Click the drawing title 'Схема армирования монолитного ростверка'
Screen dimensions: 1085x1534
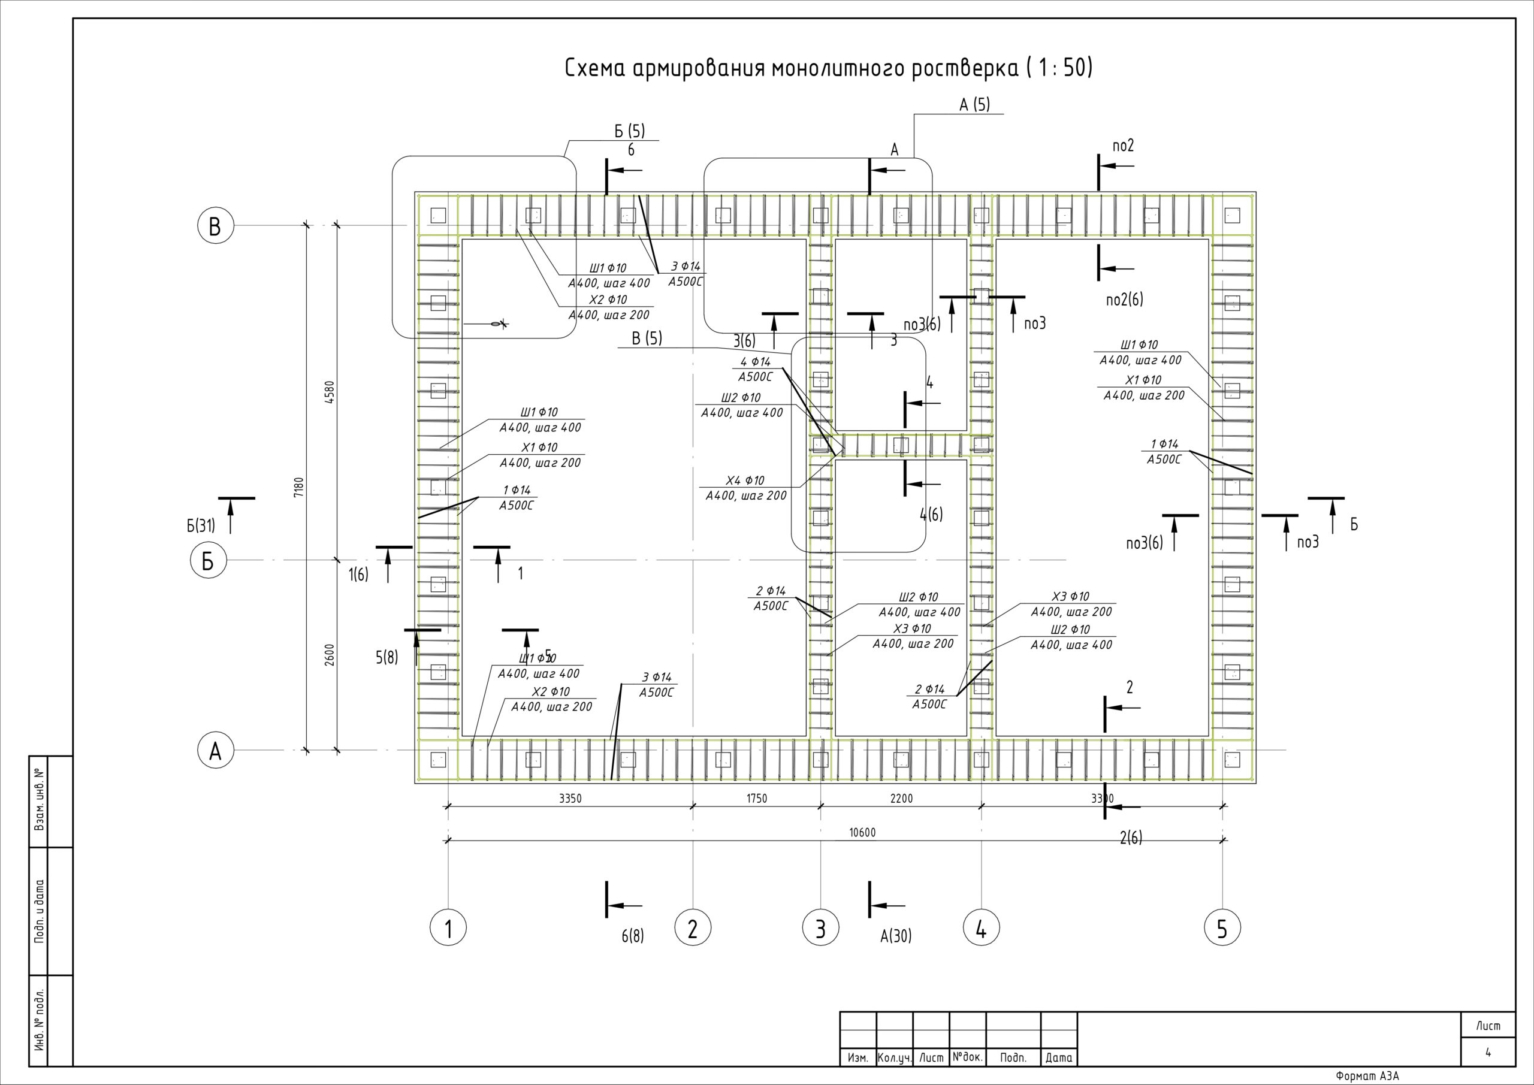tap(829, 68)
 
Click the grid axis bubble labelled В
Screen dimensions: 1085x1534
tap(215, 226)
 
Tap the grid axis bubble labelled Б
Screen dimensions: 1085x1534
tap(208, 561)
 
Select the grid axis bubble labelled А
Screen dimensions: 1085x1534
tap(215, 751)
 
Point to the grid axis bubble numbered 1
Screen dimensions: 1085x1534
tap(448, 928)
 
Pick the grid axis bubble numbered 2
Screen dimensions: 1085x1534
tap(692, 928)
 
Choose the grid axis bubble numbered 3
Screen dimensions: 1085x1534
tap(820, 928)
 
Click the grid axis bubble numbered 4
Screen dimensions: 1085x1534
tap(981, 928)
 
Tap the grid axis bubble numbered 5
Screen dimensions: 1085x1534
tap(1222, 928)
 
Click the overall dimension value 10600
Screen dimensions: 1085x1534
tap(862, 832)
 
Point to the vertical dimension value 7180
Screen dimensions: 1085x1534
tap(298, 486)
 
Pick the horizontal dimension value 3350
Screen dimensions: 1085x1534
tap(570, 799)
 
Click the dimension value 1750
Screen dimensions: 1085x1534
tap(756, 799)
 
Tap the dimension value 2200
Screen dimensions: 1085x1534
tap(901, 799)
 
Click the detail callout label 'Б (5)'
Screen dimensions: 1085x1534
tap(629, 131)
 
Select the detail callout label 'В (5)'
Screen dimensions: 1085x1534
tap(647, 338)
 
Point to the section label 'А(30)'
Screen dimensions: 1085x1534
tap(895, 936)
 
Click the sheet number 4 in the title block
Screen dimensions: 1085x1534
tap(1488, 1053)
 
